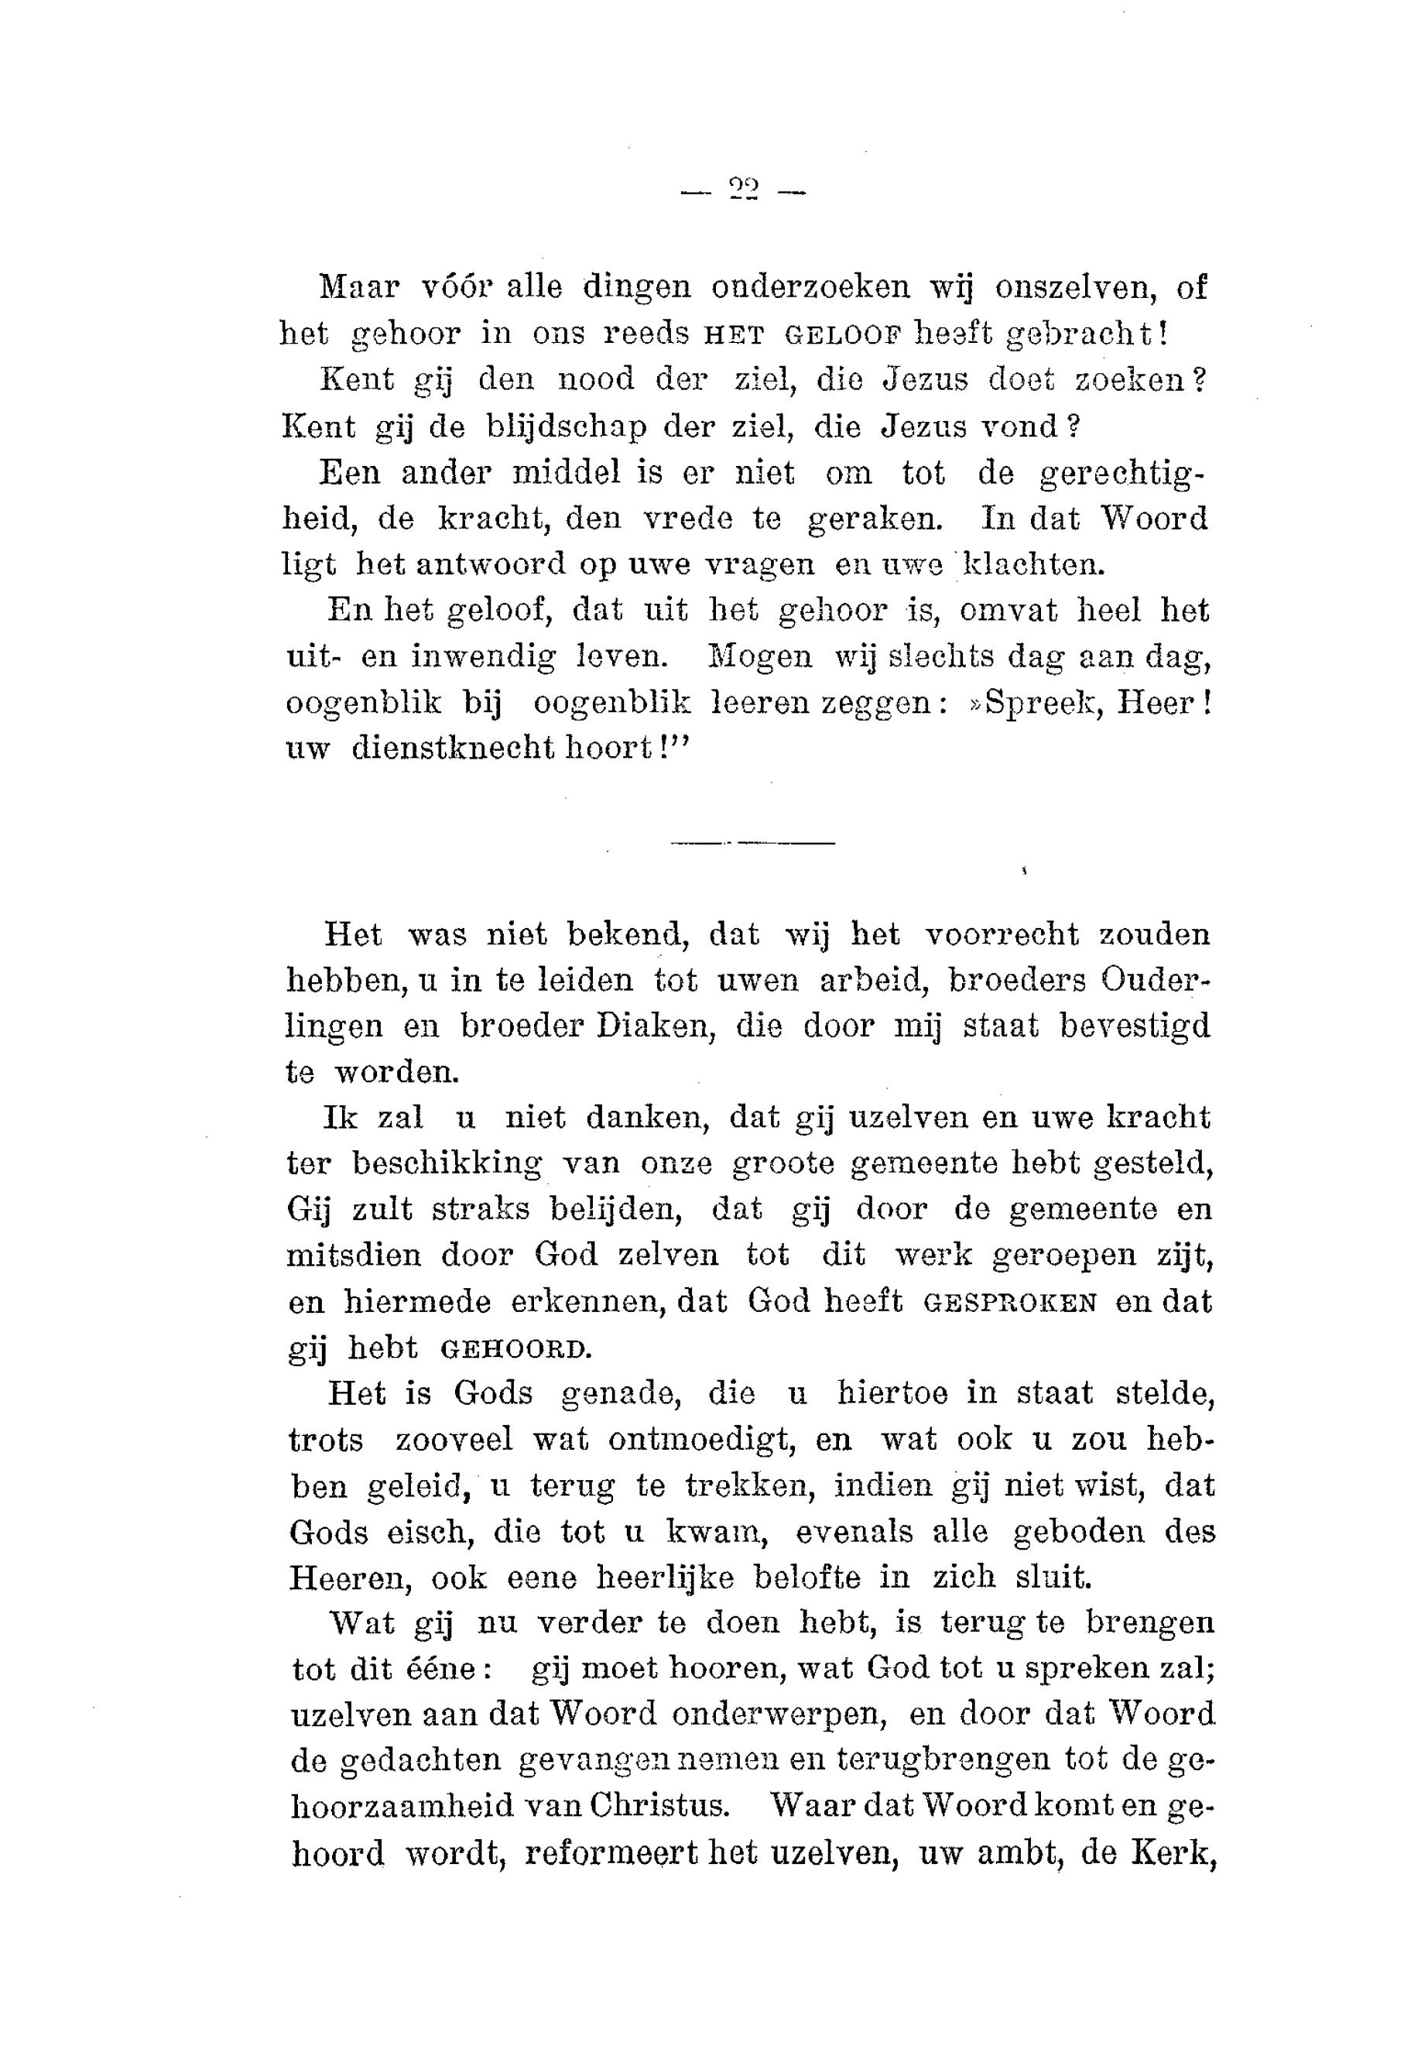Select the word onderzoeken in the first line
tap(810, 287)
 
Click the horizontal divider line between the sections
tap(752, 843)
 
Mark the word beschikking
tap(447, 1164)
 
